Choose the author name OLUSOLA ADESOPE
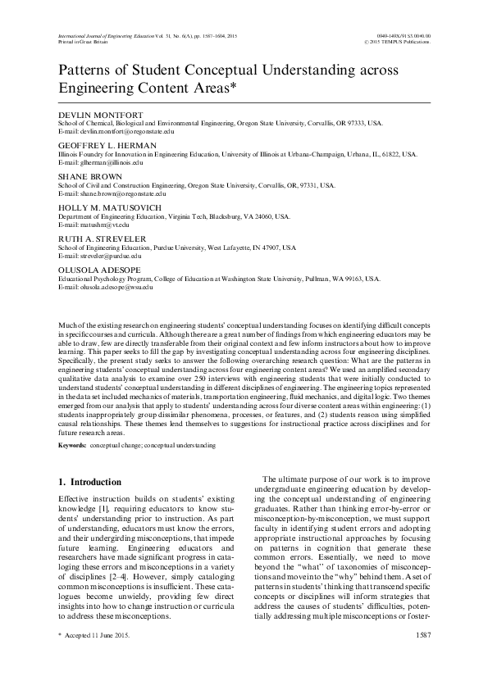pyautogui.click(x=96, y=270)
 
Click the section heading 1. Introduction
pyautogui.click(x=91, y=482)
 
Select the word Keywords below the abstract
pyautogui.click(x=73, y=445)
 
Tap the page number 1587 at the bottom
pyautogui.click(x=423, y=657)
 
